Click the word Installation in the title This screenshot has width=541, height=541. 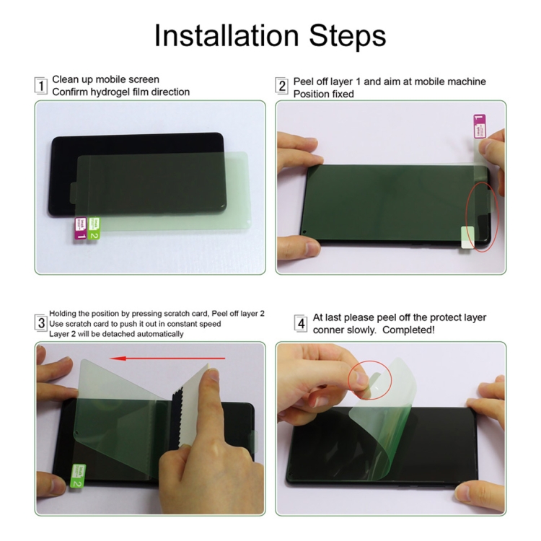(x=226, y=35)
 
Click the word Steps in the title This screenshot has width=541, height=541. (x=347, y=37)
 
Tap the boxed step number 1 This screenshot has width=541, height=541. (x=41, y=86)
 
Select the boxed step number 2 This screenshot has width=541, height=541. (x=282, y=86)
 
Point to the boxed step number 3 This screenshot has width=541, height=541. (x=41, y=323)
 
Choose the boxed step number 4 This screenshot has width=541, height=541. (x=301, y=324)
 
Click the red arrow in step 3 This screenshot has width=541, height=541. (x=167, y=359)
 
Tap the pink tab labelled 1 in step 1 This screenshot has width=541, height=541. (x=81, y=228)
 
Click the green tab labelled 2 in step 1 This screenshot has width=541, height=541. (x=94, y=228)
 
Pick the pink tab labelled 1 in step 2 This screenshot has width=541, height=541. (x=479, y=126)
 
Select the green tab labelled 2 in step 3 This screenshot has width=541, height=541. (x=79, y=476)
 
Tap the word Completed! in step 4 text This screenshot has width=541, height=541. (x=408, y=330)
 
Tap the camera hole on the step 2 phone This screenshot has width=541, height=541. (x=304, y=232)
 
